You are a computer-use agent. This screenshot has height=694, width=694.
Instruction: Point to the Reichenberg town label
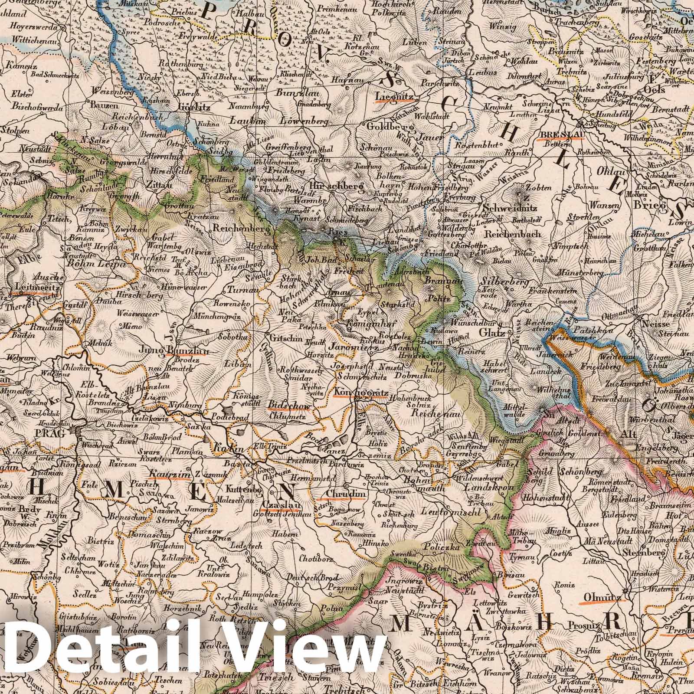239,229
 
